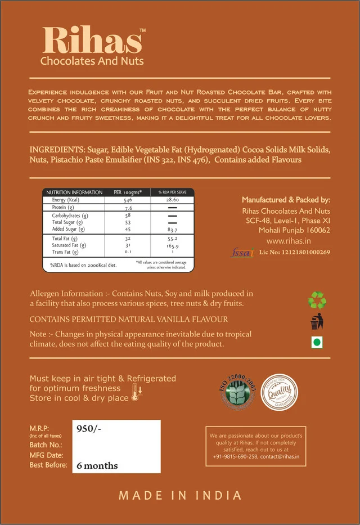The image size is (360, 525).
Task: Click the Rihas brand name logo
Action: click(93, 41)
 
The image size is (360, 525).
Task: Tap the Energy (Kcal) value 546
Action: click(128, 200)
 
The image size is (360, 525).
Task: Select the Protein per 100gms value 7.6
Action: click(128, 208)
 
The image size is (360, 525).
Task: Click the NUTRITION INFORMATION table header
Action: click(74, 192)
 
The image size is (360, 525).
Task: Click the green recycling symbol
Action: click(317, 300)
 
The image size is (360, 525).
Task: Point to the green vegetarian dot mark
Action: click(317, 343)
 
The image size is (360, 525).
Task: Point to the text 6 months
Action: click(97, 465)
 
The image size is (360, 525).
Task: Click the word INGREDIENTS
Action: click(56, 150)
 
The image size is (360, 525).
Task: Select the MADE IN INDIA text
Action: click(180, 496)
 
